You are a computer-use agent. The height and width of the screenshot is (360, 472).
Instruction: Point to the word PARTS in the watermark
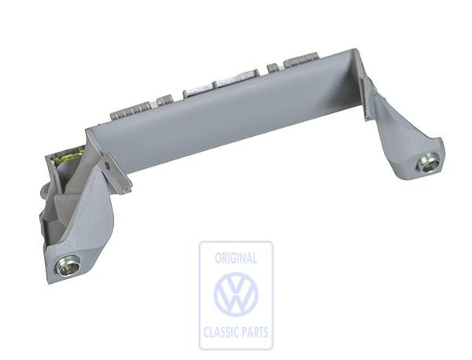coord(253,332)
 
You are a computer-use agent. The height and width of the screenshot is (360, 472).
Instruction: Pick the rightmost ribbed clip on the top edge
coord(304,60)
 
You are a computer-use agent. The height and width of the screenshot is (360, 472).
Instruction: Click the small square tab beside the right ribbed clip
coord(273,67)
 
